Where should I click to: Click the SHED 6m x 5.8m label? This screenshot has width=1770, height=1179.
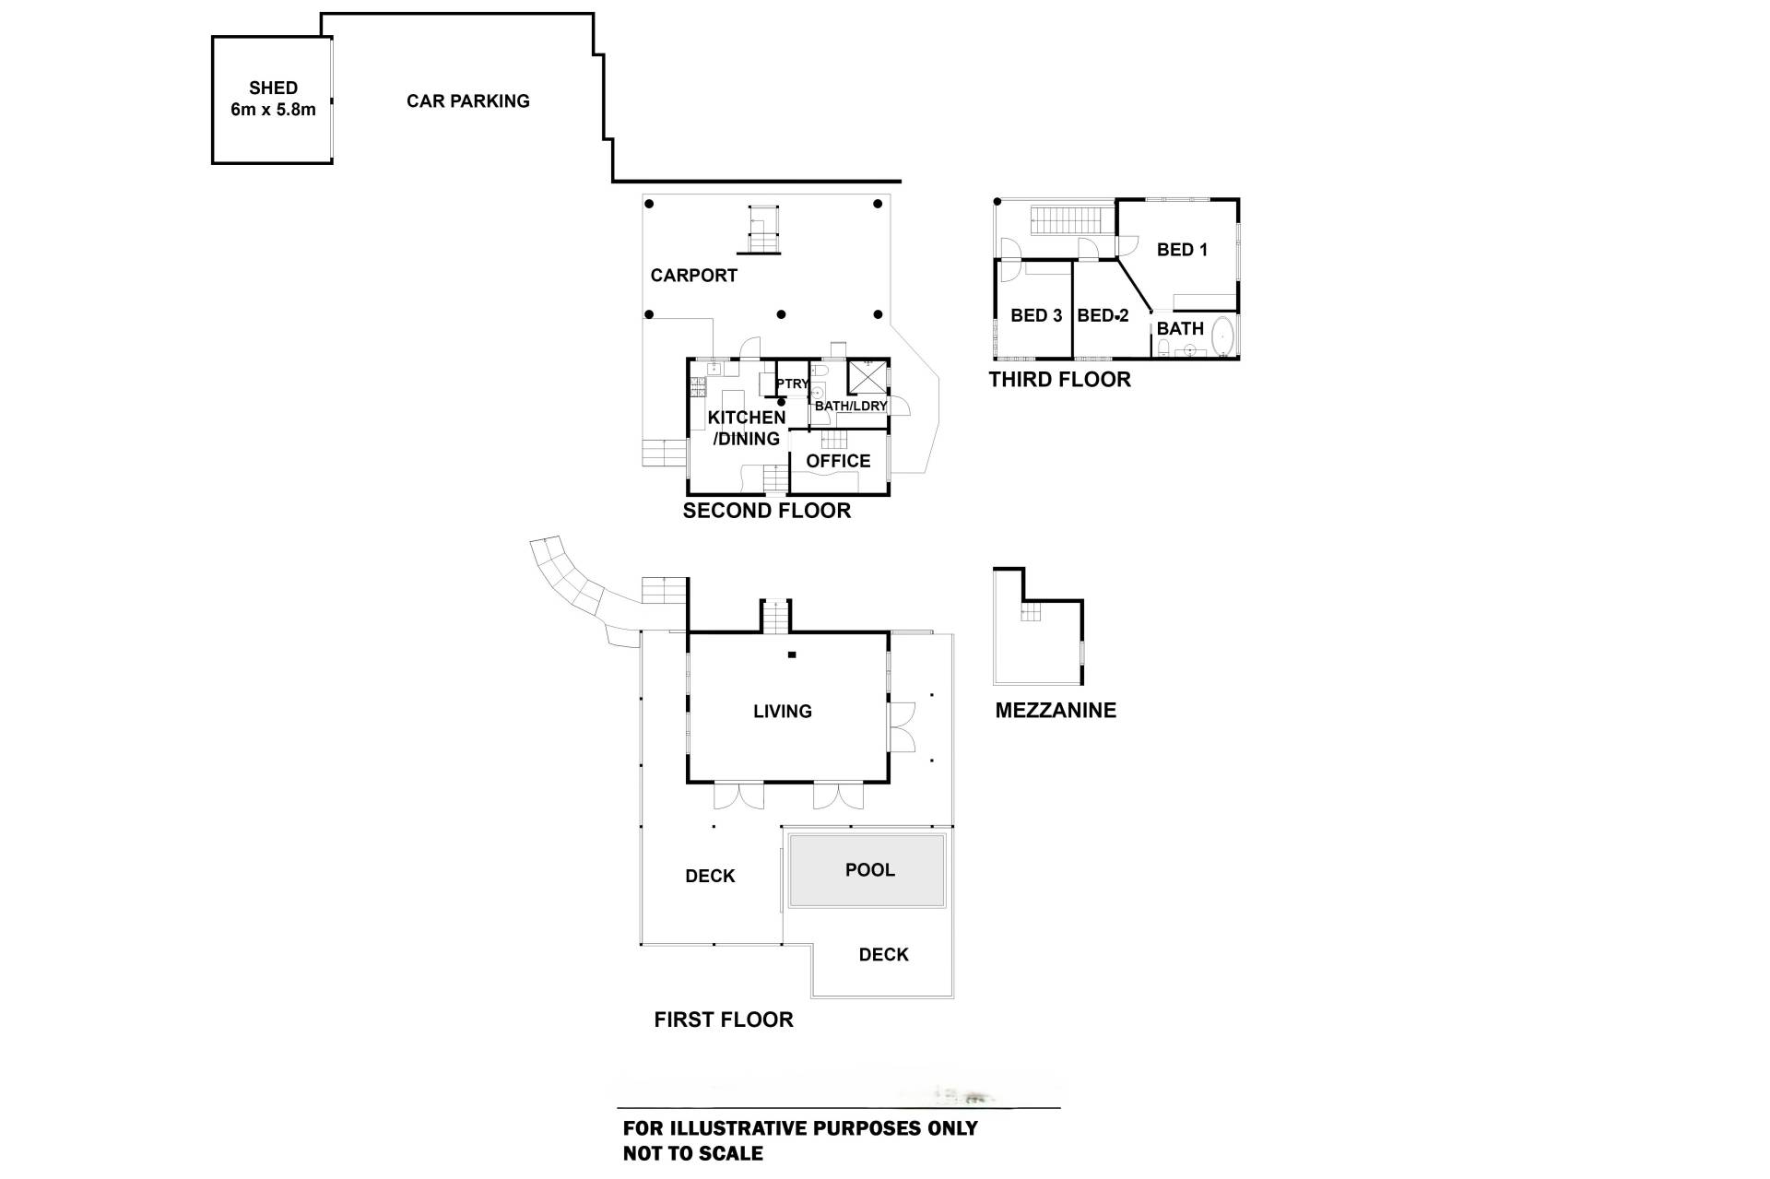273,99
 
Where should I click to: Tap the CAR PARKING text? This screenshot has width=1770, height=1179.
467,101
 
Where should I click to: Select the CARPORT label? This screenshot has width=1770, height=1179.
693,276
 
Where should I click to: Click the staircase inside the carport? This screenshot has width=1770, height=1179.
762,230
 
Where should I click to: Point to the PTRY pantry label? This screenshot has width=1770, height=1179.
792,383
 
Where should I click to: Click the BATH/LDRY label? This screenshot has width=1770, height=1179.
850,406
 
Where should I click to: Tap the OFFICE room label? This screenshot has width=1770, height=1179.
838,461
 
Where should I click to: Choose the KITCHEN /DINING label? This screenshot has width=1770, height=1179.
746,428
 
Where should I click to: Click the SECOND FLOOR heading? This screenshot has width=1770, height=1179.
766,511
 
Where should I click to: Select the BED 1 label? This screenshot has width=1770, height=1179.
1182,250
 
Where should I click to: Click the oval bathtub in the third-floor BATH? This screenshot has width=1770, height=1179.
1222,337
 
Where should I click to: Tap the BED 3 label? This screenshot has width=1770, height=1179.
1036,315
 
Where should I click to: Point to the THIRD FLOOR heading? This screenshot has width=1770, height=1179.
1059,380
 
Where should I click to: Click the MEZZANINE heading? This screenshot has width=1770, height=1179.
1056,711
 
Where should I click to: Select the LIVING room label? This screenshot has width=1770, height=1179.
782,712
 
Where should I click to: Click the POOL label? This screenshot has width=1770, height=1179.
869,870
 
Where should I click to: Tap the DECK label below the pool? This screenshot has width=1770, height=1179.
883,955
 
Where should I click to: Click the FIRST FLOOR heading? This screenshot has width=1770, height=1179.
723,1020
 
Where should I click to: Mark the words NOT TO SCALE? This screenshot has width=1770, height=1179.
692,1153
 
